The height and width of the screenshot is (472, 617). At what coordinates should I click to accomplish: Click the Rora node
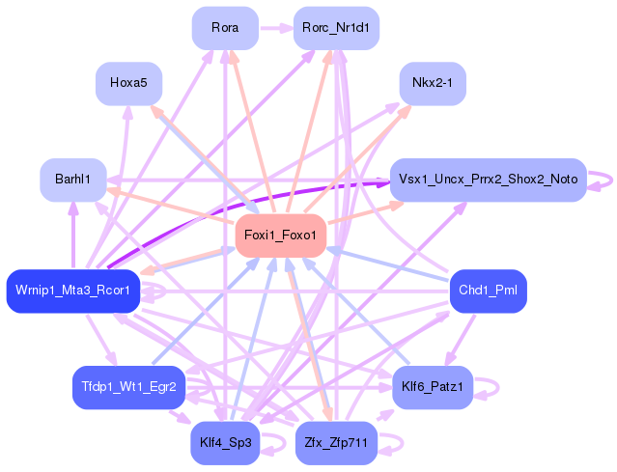pos(225,27)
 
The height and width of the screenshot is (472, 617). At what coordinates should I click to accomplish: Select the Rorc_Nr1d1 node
pos(335,27)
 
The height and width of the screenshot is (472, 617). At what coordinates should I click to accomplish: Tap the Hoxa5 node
pos(128,83)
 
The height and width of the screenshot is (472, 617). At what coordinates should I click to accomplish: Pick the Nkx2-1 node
pos(433,83)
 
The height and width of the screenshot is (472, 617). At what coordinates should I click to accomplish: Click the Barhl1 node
pos(72,180)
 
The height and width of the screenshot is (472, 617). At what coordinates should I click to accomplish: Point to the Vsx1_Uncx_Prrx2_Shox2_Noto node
pos(488,180)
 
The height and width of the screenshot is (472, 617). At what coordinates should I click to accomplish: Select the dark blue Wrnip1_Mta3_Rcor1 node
pos(73,291)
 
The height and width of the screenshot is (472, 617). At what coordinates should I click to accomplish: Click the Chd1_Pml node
pos(488,291)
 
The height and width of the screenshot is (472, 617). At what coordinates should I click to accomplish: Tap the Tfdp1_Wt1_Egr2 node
pos(128,386)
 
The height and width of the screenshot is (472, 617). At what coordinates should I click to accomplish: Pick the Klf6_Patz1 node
pos(432,387)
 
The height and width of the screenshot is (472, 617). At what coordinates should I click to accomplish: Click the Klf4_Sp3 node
pos(224,443)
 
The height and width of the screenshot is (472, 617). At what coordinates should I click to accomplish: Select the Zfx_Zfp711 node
pos(335,443)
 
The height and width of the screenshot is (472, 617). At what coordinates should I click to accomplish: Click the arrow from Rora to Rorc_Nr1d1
pos(276,28)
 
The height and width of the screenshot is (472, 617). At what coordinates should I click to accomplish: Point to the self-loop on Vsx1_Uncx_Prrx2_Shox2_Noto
pos(608,180)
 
